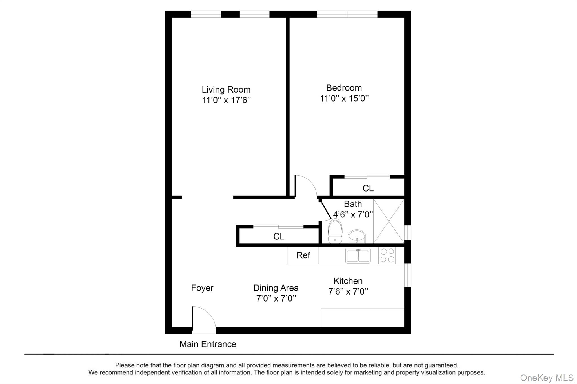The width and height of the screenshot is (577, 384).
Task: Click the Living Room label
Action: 226,90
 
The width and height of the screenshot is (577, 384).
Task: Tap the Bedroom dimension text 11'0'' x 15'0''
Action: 344,98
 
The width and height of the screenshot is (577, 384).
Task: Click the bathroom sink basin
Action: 357,237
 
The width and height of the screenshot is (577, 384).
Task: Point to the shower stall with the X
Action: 389,221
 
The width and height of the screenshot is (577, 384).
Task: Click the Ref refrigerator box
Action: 303,255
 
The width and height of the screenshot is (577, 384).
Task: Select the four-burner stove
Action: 387,255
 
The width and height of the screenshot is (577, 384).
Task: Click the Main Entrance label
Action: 208,344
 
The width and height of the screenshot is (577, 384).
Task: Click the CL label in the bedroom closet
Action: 368,188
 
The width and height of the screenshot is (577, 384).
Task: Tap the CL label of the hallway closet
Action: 279,237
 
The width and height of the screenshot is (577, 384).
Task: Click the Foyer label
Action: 202,288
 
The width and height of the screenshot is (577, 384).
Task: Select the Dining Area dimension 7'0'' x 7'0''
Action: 276,298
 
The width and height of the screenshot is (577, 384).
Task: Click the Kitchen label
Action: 348,281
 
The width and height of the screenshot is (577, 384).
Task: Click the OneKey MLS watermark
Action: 547,378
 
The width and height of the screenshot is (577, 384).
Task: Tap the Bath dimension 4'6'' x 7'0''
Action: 353,215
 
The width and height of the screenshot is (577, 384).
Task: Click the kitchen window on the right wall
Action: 408,275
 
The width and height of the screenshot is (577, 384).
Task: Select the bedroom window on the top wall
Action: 347,14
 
